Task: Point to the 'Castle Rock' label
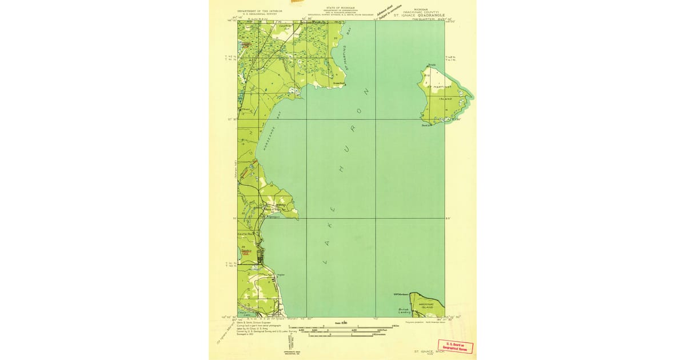click(245, 235)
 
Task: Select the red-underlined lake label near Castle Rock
click(246, 251)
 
